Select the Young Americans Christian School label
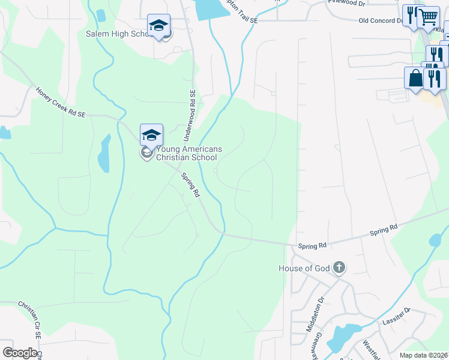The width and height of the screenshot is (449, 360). pyautogui.click(x=188, y=153)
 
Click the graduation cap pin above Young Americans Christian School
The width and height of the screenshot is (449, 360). pyautogui.click(x=152, y=135)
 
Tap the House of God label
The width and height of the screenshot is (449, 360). pyautogui.click(x=304, y=268)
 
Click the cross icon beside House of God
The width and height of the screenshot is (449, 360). pyautogui.click(x=339, y=267)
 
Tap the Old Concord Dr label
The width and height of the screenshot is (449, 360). pyautogui.click(x=380, y=20)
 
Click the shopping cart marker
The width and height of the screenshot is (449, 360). pyautogui.click(x=428, y=18)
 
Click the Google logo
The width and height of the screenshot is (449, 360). pyautogui.click(x=20, y=353)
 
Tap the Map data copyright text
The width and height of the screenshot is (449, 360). pyautogui.click(x=424, y=355)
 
